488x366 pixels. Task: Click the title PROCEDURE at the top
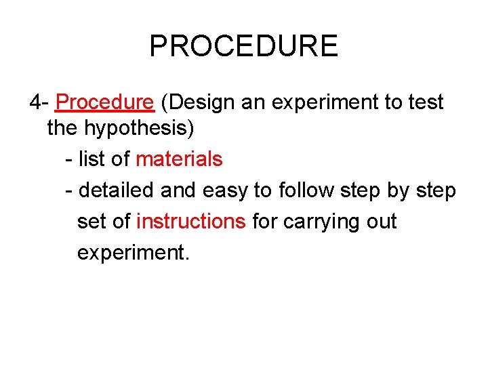tap(243, 46)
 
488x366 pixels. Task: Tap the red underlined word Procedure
tap(105, 102)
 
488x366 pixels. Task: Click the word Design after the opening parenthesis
tap(204, 102)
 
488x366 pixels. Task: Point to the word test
tap(426, 102)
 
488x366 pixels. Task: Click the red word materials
tap(179, 159)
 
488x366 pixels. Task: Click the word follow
tap(309, 190)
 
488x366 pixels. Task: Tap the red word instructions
tap(191, 222)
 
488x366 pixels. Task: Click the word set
tap(91, 222)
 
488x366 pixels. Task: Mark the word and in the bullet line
tap(178, 190)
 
